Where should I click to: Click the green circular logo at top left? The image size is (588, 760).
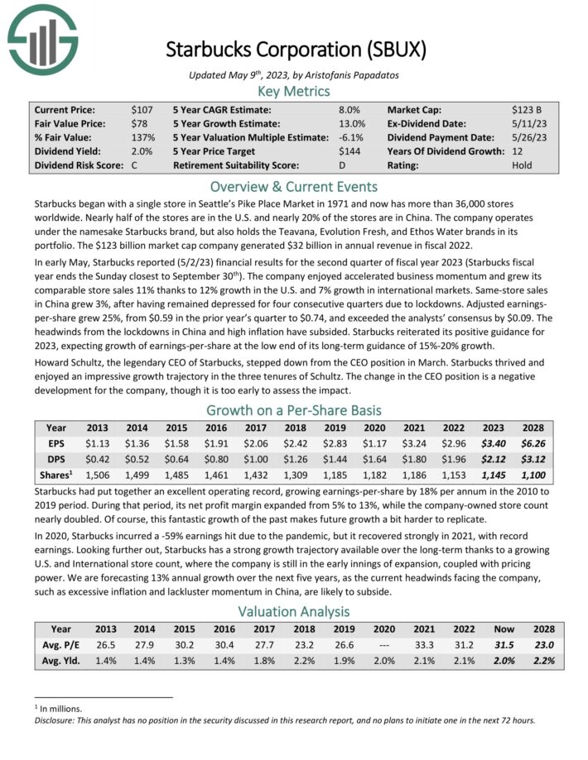point(41,37)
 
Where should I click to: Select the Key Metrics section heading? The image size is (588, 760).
point(294,91)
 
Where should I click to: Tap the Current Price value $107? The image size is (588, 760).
point(142,110)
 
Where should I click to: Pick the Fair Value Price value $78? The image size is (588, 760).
point(139,124)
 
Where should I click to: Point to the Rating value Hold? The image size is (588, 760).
point(523,165)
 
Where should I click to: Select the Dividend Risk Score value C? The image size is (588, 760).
point(134,165)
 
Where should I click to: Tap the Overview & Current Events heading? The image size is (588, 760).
point(294,186)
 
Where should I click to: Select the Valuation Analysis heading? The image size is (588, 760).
point(294,612)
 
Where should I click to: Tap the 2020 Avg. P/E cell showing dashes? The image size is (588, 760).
point(378,645)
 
